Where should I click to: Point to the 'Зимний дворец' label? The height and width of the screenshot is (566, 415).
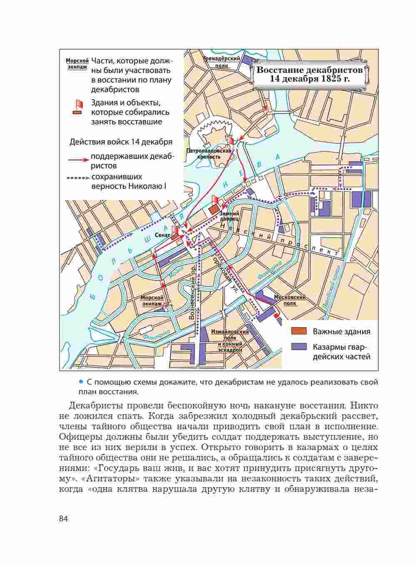[229, 215]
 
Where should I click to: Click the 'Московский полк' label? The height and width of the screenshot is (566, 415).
[290, 300]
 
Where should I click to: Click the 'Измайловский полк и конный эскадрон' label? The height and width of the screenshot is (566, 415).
[229, 341]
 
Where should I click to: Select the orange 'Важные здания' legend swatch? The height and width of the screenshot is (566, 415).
[298, 331]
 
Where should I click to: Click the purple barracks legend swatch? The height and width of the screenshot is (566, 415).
[298, 347]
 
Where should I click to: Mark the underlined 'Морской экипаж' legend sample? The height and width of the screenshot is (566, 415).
[77, 64]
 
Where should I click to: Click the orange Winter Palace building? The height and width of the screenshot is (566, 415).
[214, 208]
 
